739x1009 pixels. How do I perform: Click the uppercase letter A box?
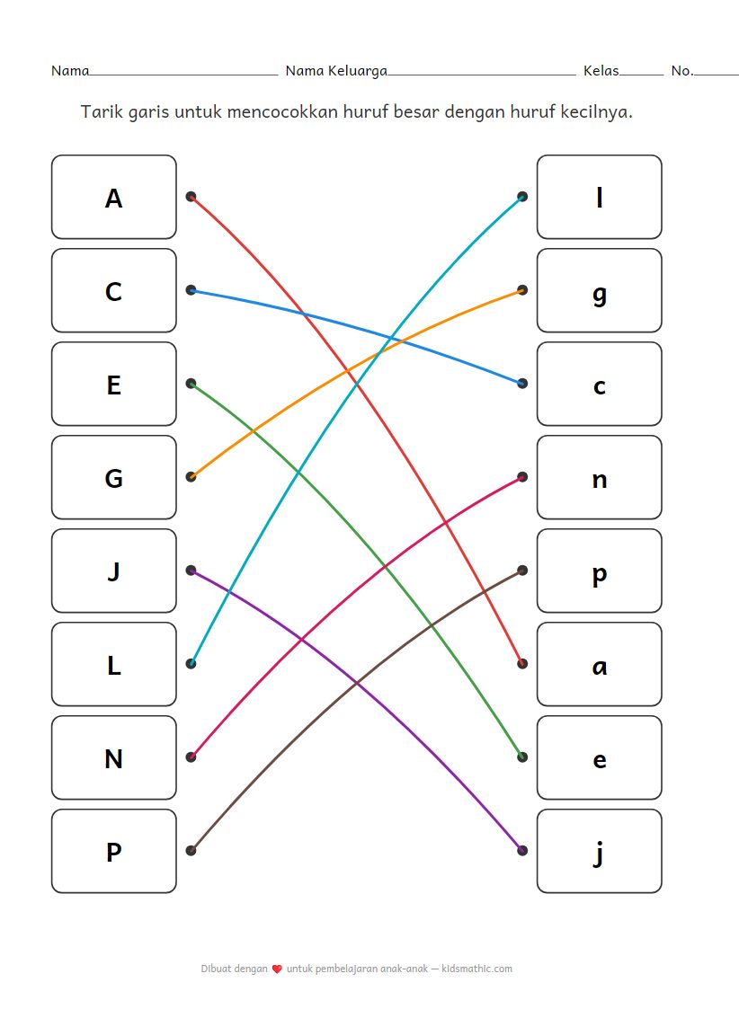(113, 197)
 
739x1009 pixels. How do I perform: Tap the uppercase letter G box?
(113, 477)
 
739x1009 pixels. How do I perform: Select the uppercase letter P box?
(113, 851)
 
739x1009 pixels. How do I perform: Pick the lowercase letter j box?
(599, 851)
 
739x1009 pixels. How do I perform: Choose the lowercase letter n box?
(599, 477)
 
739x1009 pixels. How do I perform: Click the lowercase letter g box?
(599, 290)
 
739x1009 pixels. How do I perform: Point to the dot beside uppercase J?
(191, 571)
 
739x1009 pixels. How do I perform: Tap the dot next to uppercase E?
(191, 384)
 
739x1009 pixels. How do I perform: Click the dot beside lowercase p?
(522, 571)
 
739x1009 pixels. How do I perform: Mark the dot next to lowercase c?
(522, 384)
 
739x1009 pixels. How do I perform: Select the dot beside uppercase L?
(191, 664)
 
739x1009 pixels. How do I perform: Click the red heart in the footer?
(277, 969)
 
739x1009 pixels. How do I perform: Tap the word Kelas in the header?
(601, 71)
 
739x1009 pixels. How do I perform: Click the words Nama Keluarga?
(336, 71)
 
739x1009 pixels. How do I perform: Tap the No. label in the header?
(681, 71)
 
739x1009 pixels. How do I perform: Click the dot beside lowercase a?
(522, 664)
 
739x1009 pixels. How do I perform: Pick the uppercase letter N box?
(113, 757)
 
